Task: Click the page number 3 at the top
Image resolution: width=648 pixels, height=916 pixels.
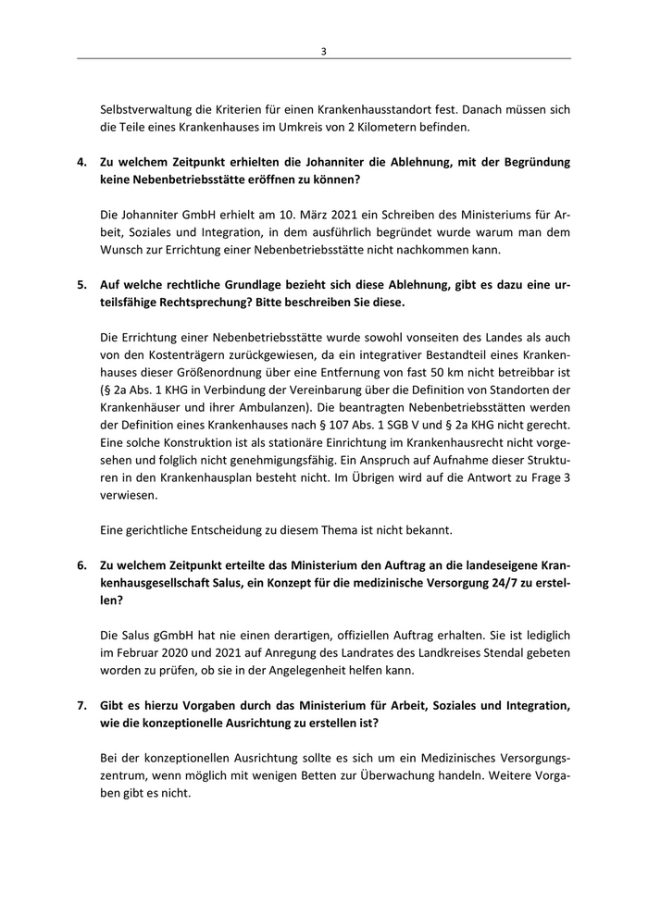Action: pos(323,52)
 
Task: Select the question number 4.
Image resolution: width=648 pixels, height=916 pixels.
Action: pos(81,161)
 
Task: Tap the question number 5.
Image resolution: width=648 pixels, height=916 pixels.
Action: pos(81,286)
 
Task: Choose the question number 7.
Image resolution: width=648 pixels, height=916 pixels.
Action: pos(81,705)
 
